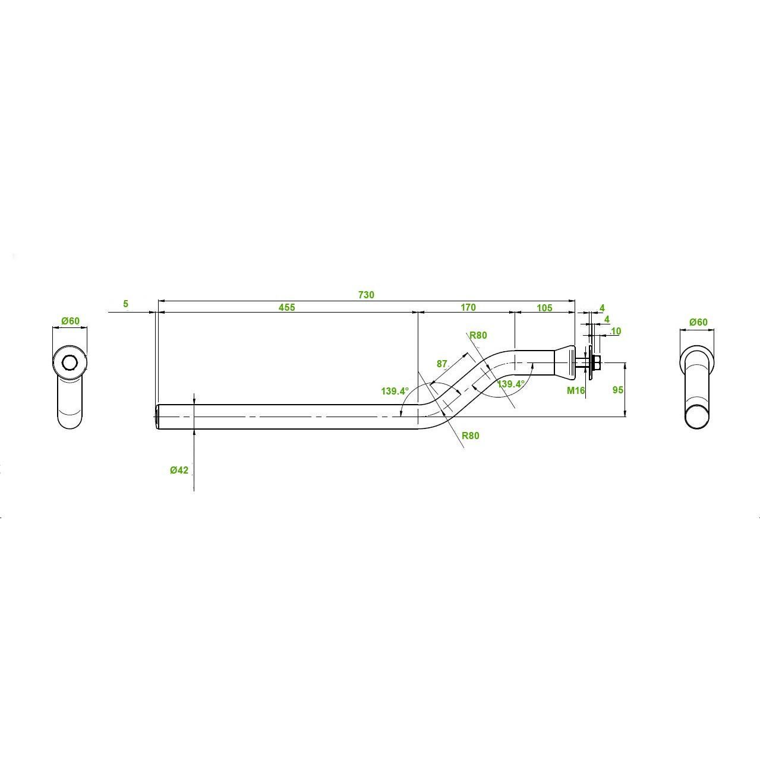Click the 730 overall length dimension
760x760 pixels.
tap(366, 295)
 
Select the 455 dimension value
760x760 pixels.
tap(287, 307)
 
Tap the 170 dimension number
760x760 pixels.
tap(468, 307)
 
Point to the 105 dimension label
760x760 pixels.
tap(545, 308)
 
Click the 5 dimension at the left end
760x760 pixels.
tap(125, 304)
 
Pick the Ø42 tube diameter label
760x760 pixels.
tap(179, 470)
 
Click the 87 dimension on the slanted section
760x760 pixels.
tap(442, 364)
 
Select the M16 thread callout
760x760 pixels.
tap(576, 390)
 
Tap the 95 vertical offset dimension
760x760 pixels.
tap(618, 390)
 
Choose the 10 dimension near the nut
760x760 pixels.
tap(616, 331)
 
